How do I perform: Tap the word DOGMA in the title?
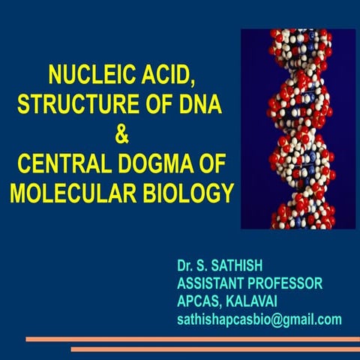(x=161, y=164)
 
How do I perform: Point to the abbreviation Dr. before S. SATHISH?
(x=185, y=266)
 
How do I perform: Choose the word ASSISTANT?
(x=211, y=284)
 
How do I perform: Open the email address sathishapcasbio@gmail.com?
(x=259, y=320)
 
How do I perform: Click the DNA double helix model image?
(x=298, y=129)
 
